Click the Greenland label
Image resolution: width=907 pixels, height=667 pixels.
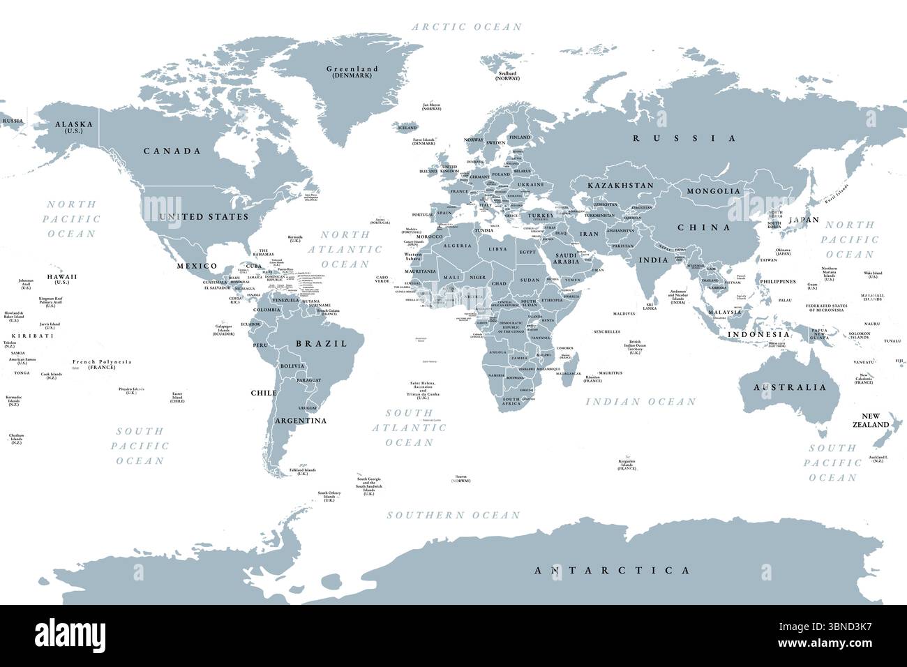pos(352,70)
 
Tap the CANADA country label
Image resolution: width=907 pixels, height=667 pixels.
pos(172,151)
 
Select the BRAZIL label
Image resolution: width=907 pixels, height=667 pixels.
pos(322,343)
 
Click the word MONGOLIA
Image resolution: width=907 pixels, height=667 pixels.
pos(713,191)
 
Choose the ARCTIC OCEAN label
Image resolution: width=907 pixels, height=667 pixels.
pos(466,27)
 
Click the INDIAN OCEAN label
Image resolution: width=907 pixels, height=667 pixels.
pos(640,401)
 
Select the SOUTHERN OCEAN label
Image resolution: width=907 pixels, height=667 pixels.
pos(453,515)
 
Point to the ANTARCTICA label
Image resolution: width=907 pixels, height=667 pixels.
pos(611,570)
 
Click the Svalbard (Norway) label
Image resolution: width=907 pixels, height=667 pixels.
pos(507,75)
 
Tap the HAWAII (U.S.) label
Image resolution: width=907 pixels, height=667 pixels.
pos(62,278)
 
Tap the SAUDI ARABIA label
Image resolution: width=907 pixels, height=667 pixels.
pos(566,257)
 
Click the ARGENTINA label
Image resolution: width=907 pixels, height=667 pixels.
pos(301,421)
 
